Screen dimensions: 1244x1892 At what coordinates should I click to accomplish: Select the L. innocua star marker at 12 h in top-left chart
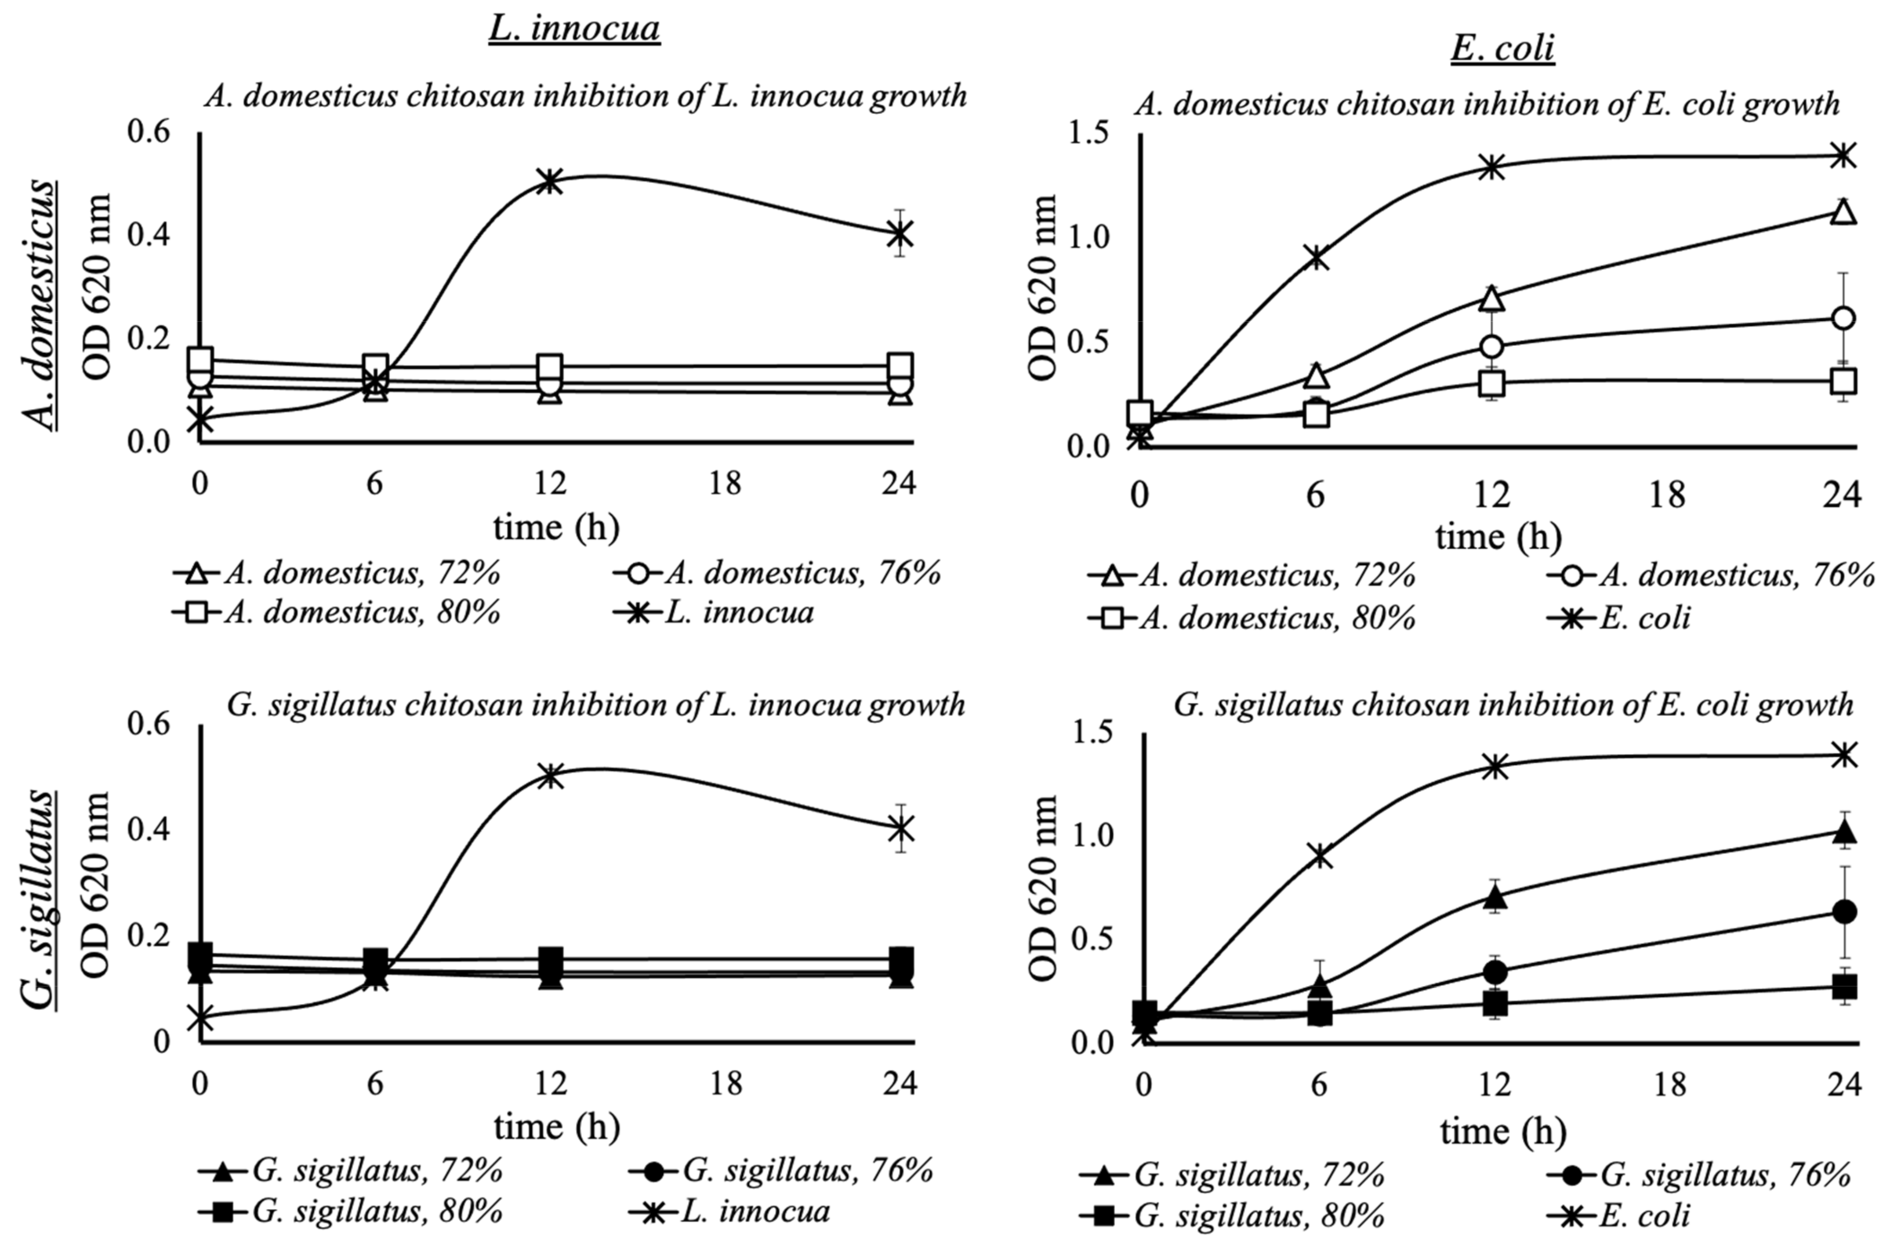(549, 180)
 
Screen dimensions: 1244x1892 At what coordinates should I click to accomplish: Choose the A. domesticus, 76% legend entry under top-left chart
(777, 572)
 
